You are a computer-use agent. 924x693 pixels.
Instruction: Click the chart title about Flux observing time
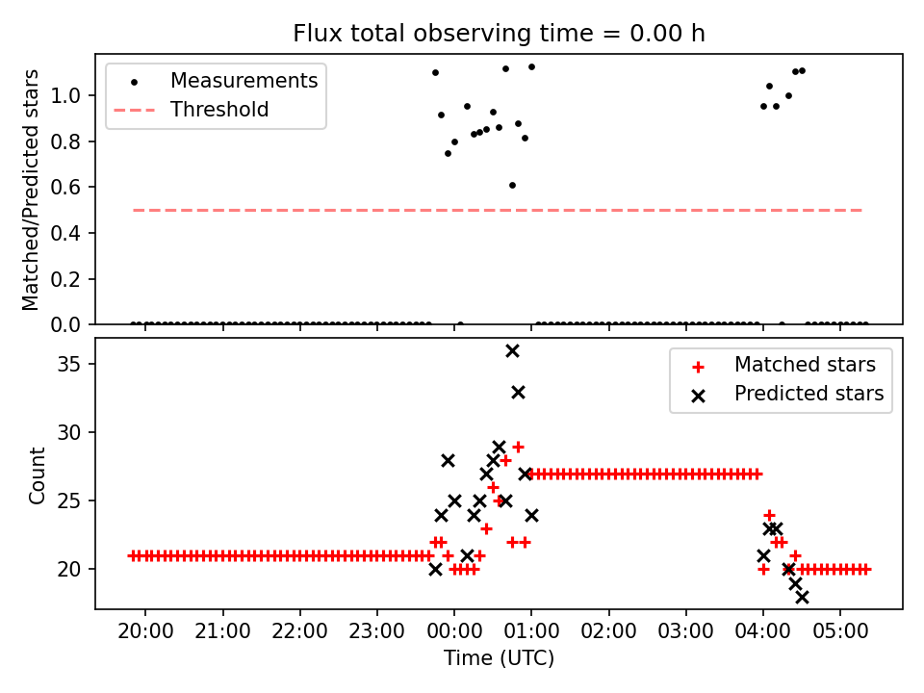click(x=499, y=34)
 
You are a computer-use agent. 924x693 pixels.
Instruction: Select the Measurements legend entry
click(x=244, y=81)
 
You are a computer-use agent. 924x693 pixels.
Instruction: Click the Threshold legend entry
click(x=219, y=110)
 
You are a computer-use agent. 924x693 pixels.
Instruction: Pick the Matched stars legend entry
click(x=805, y=365)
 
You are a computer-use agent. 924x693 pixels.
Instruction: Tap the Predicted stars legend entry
click(x=808, y=394)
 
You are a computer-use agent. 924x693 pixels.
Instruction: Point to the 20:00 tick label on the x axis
click(x=145, y=634)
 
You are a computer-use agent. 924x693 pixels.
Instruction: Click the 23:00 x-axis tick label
click(x=377, y=634)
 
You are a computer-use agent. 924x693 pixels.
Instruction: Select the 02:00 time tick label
click(x=608, y=634)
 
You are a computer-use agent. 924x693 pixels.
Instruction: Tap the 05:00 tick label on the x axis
click(x=840, y=634)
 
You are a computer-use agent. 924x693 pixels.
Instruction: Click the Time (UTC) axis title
click(x=499, y=659)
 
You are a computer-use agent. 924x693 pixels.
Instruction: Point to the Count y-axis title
click(x=37, y=475)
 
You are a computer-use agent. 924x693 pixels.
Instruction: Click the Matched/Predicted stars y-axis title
click(x=31, y=190)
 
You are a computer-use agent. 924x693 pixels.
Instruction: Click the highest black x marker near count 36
click(x=512, y=350)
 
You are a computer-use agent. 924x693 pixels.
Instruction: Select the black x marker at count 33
click(x=518, y=392)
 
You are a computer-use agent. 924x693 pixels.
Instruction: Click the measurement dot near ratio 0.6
click(x=512, y=185)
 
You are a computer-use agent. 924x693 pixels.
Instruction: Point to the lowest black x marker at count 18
click(x=802, y=597)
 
